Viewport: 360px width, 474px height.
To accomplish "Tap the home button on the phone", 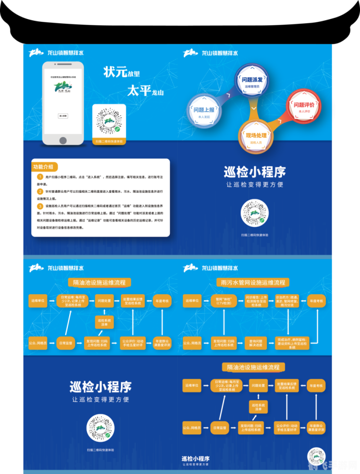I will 63,140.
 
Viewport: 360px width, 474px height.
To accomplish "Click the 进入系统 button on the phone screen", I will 63,116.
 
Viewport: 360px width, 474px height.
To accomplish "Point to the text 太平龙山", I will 145,91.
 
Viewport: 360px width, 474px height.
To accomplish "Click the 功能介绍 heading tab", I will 44,167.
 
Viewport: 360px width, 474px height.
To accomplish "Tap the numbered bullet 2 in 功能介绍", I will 40,191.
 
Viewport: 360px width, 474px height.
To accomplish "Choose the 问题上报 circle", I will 203,111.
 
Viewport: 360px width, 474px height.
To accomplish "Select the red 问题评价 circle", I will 303,107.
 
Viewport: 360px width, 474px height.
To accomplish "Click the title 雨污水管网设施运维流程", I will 253,282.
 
